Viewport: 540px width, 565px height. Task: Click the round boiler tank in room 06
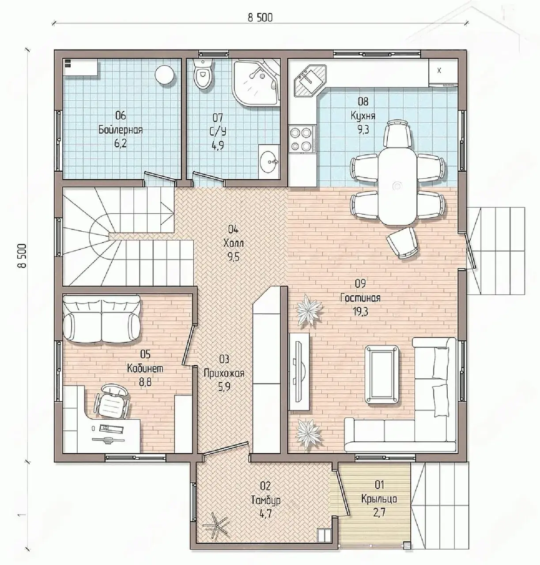(x=165, y=75)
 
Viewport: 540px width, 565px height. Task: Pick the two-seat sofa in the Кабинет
(x=102, y=318)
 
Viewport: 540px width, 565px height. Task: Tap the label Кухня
(x=363, y=116)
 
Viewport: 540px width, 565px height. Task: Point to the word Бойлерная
(x=121, y=129)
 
